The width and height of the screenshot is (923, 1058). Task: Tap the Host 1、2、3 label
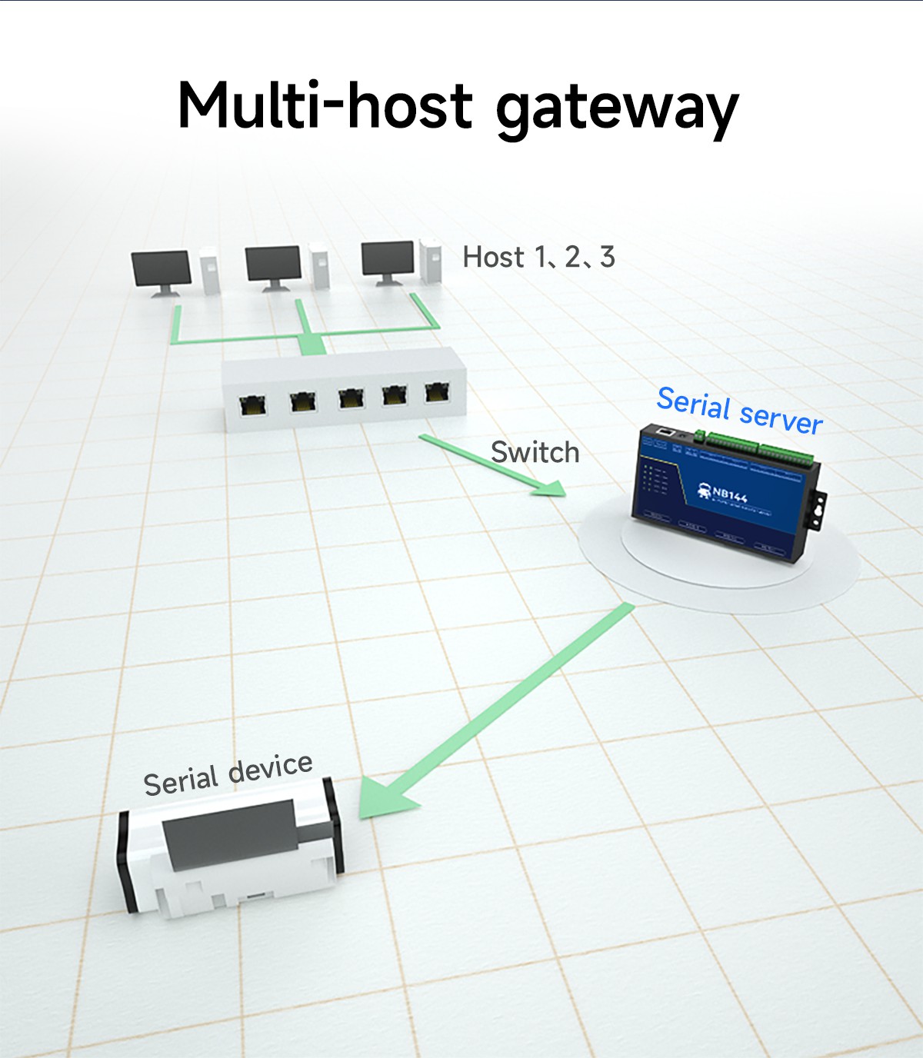pos(538,257)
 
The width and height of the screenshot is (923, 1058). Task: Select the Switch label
pos(535,452)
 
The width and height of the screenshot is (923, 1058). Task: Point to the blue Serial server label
pos(739,410)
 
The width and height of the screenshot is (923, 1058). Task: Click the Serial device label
pos(228,774)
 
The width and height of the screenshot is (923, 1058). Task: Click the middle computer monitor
pos(272,265)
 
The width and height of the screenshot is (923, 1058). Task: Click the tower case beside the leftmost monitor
pos(210,271)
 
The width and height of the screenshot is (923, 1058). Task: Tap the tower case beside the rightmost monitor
pos(431,261)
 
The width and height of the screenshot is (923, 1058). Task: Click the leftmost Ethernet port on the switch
pos(252,404)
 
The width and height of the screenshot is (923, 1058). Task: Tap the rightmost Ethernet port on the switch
pos(437,391)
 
